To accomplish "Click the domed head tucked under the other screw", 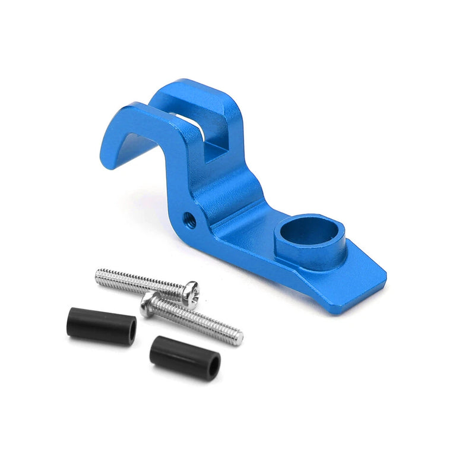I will pyautogui.click(x=150, y=305).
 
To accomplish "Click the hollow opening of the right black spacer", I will pyautogui.click(x=213, y=364).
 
